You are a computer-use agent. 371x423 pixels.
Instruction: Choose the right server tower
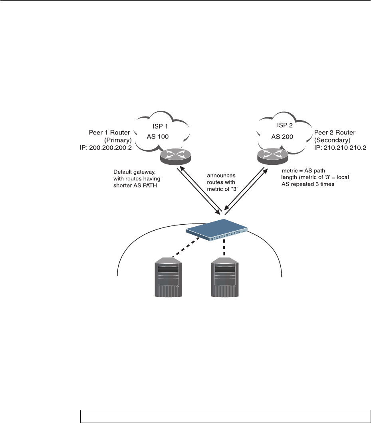tap(225, 278)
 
